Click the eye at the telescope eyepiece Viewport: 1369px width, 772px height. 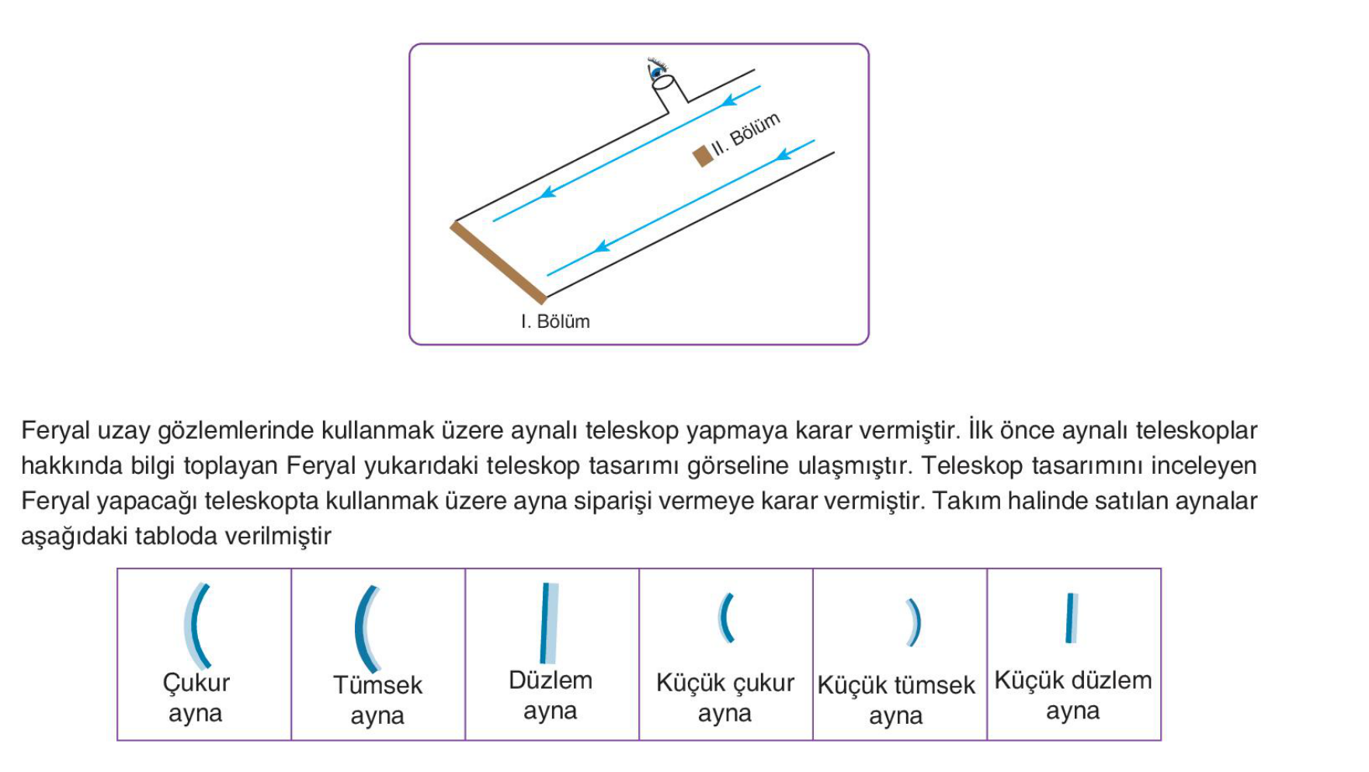click(658, 69)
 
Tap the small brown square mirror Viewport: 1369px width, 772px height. click(703, 156)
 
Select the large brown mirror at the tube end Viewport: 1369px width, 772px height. click(499, 263)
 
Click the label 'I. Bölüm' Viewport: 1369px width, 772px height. click(555, 322)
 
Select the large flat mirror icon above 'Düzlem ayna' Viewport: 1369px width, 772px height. click(549, 623)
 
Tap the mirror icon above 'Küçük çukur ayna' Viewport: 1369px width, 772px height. click(725, 618)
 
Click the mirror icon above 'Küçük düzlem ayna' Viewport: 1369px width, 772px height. click(1072, 618)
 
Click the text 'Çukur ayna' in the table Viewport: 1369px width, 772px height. click(196, 697)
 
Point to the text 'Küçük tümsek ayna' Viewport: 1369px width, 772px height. click(896, 700)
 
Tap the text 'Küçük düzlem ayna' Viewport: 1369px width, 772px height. click(1073, 695)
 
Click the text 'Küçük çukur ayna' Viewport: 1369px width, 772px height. click(725, 697)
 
